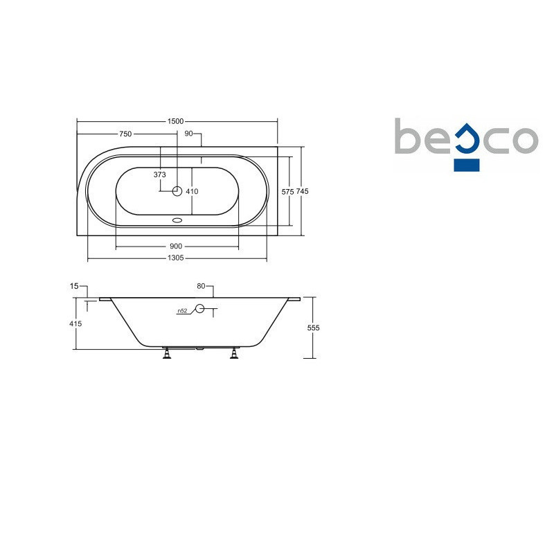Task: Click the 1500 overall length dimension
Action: (x=176, y=121)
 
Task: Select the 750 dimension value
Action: (x=125, y=134)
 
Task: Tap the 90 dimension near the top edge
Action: (x=188, y=134)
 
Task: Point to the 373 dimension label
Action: (x=160, y=175)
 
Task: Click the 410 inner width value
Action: (x=193, y=192)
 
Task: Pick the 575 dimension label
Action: (x=287, y=192)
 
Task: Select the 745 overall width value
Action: (x=302, y=191)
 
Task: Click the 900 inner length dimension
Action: (x=176, y=247)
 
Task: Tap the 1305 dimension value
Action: (x=176, y=258)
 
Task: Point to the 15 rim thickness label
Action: (x=74, y=286)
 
